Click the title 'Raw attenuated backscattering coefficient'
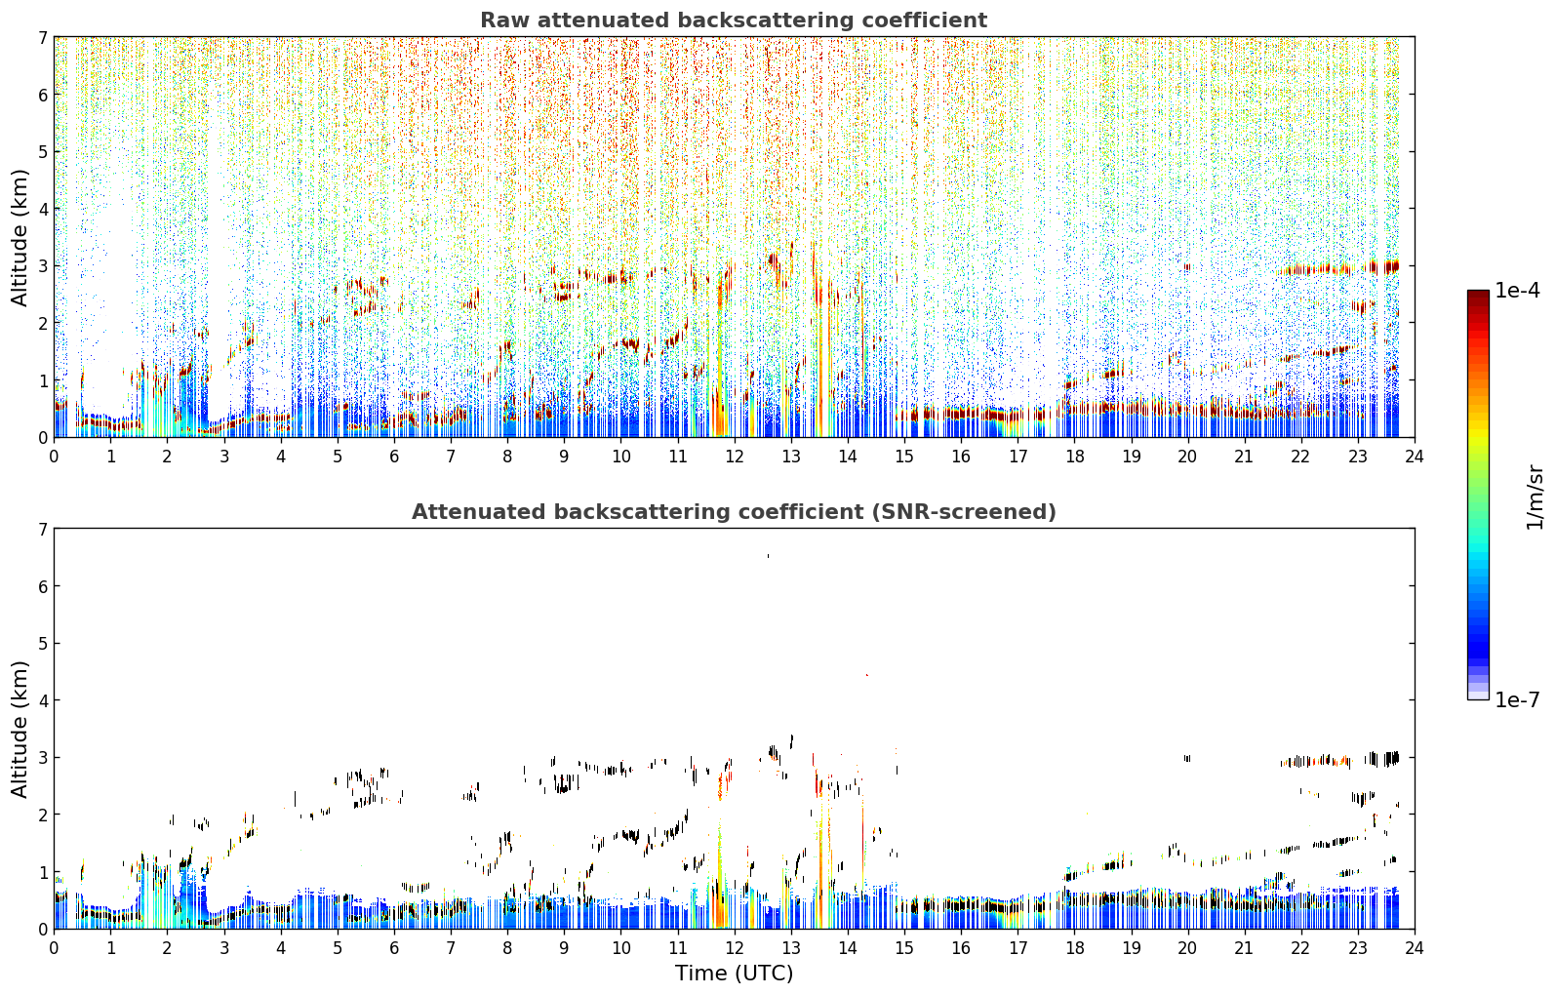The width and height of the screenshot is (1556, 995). (x=734, y=20)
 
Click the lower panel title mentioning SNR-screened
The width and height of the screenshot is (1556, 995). (x=734, y=512)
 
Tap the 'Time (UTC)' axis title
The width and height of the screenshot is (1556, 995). (x=734, y=973)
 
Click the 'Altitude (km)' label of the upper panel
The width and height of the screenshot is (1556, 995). (x=20, y=238)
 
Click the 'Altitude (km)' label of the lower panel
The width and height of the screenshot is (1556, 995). (x=20, y=729)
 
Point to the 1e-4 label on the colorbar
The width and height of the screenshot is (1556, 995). (x=1517, y=291)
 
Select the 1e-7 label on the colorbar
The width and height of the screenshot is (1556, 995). (x=1517, y=699)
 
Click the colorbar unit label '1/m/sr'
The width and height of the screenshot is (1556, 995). (x=1535, y=497)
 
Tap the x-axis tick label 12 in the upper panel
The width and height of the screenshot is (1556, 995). (x=735, y=457)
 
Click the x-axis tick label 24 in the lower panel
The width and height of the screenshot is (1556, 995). (x=1415, y=948)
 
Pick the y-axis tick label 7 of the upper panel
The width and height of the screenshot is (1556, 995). (x=43, y=37)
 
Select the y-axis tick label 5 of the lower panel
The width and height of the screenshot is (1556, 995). (x=43, y=644)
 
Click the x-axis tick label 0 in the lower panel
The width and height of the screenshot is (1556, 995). (x=55, y=948)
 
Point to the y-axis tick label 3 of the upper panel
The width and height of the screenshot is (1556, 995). (x=43, y=266)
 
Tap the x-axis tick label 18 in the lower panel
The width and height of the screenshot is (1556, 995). (x=1075, y=948)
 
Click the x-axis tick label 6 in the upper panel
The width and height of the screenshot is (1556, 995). (x=394, y=457)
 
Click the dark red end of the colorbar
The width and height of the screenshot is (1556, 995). (x=1478, y=294)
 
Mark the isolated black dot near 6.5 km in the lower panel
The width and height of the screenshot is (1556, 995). (x=768, y=556)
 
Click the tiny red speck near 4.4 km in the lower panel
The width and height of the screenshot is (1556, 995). (x=867, y=675)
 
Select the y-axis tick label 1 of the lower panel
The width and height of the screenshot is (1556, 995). (x=43, y=872)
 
